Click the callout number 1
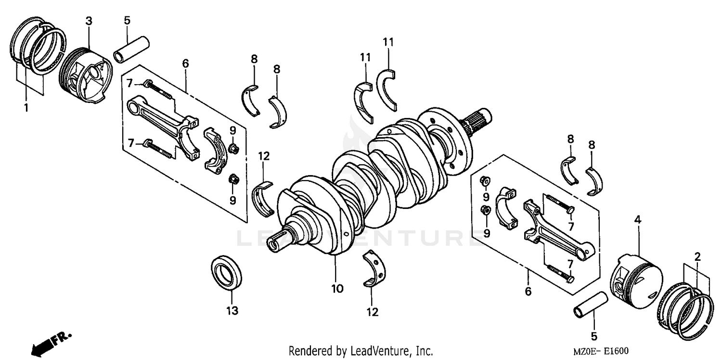click(x=26, y=107)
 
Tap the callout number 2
click(x=697, y=257)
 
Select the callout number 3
click(x=89, y=21)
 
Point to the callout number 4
click(x=637, y=220)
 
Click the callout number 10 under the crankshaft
click(x=337, y=289)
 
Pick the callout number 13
click(x=232, y=311)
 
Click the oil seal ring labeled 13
click(x=227, y=273)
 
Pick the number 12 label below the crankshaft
click(x=372, y=312)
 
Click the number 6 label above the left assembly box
click(x=185, y=64)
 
